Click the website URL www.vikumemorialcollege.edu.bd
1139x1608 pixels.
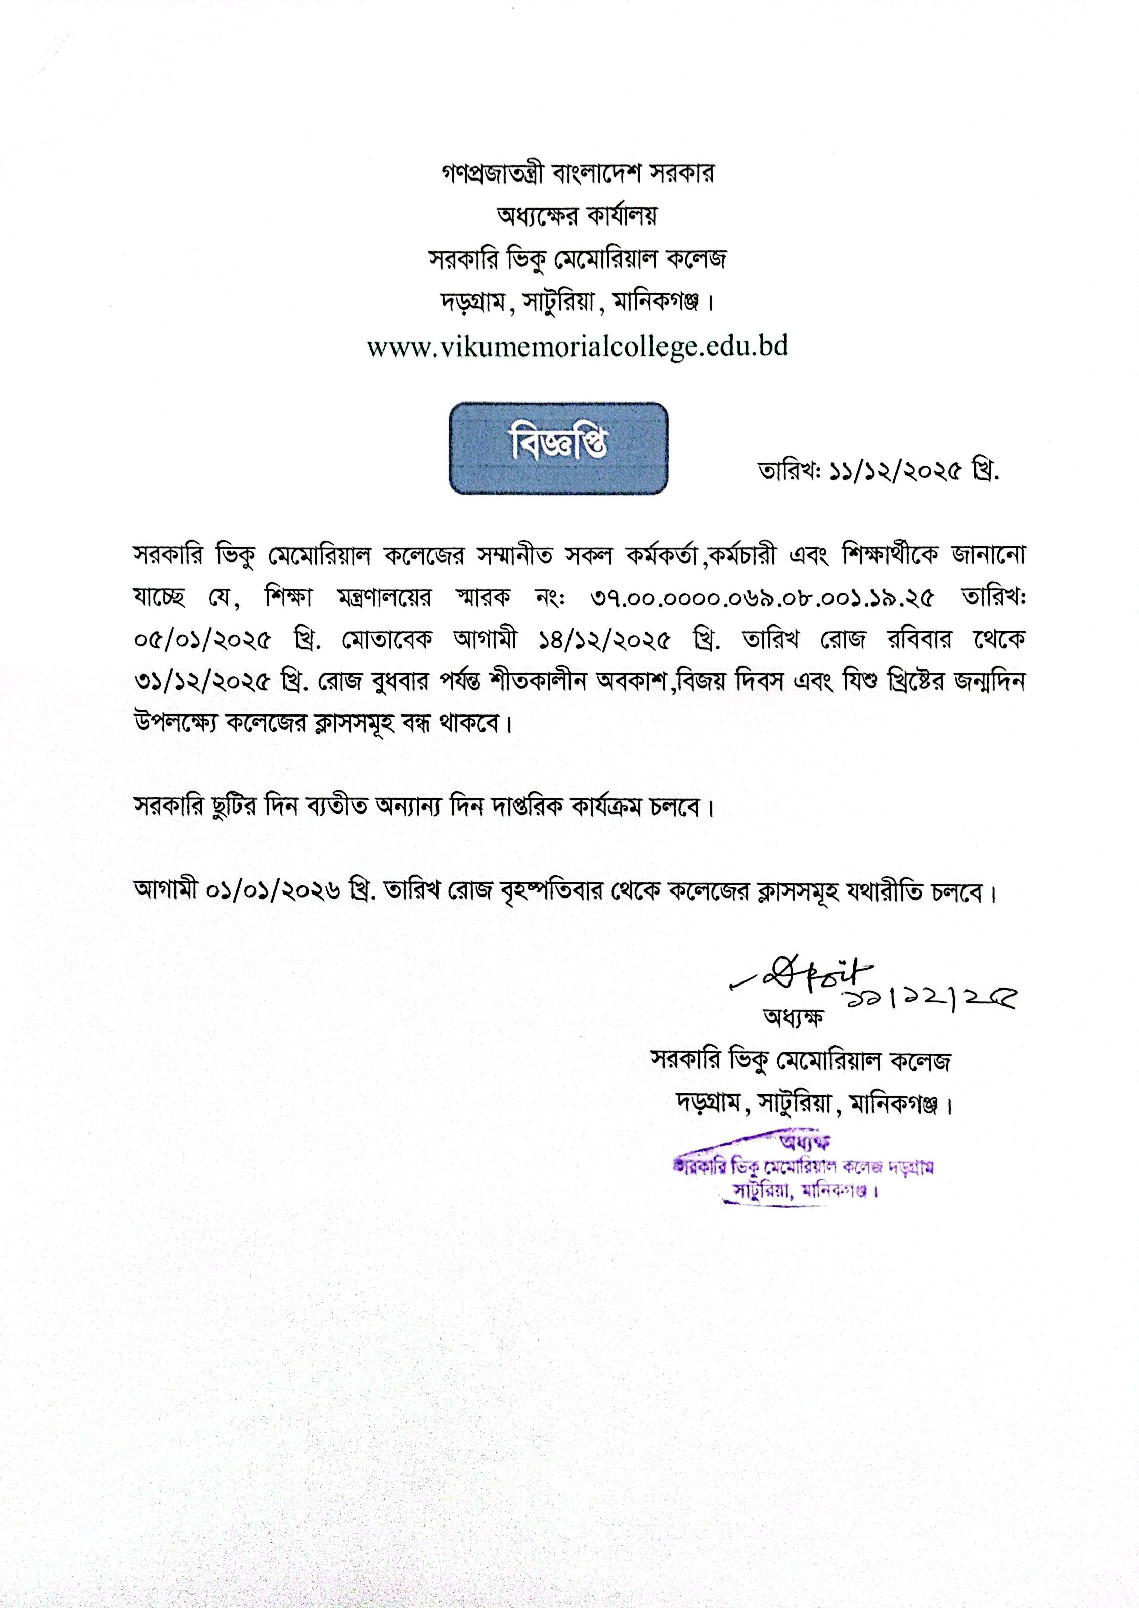click(577, 347)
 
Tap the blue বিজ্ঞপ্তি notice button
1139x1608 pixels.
click(558, 448)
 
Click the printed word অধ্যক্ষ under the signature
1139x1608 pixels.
click(793, 1017)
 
